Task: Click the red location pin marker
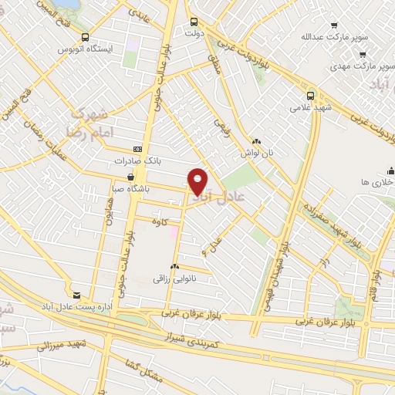(198, 181)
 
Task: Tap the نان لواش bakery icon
(257, 142)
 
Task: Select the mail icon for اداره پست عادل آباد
(76, 295)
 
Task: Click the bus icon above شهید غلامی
(310, 96)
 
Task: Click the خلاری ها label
(377, 182)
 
